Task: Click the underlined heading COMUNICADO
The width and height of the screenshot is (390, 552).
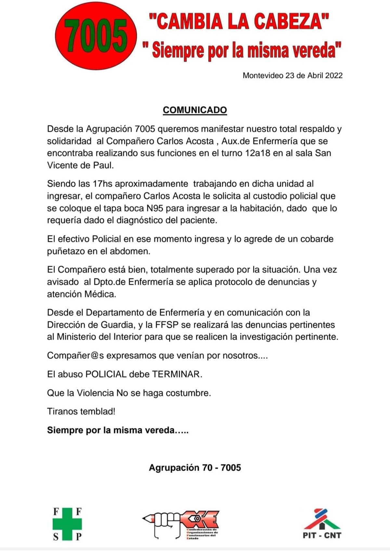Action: [x=195, y=110]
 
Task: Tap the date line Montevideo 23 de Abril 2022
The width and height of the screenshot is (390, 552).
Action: [x=292, y=76]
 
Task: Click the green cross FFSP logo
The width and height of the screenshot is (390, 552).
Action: [x=67, y=524]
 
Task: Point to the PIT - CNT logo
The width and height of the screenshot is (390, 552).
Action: [x=322, y=523]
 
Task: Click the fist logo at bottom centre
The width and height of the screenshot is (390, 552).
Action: [x=181, y=524]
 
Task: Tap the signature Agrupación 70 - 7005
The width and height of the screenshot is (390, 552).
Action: [x=195, y=468]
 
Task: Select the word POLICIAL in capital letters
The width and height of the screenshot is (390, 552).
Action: [x=106, y=374]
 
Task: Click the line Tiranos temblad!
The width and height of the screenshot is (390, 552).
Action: [x=81, y=411]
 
